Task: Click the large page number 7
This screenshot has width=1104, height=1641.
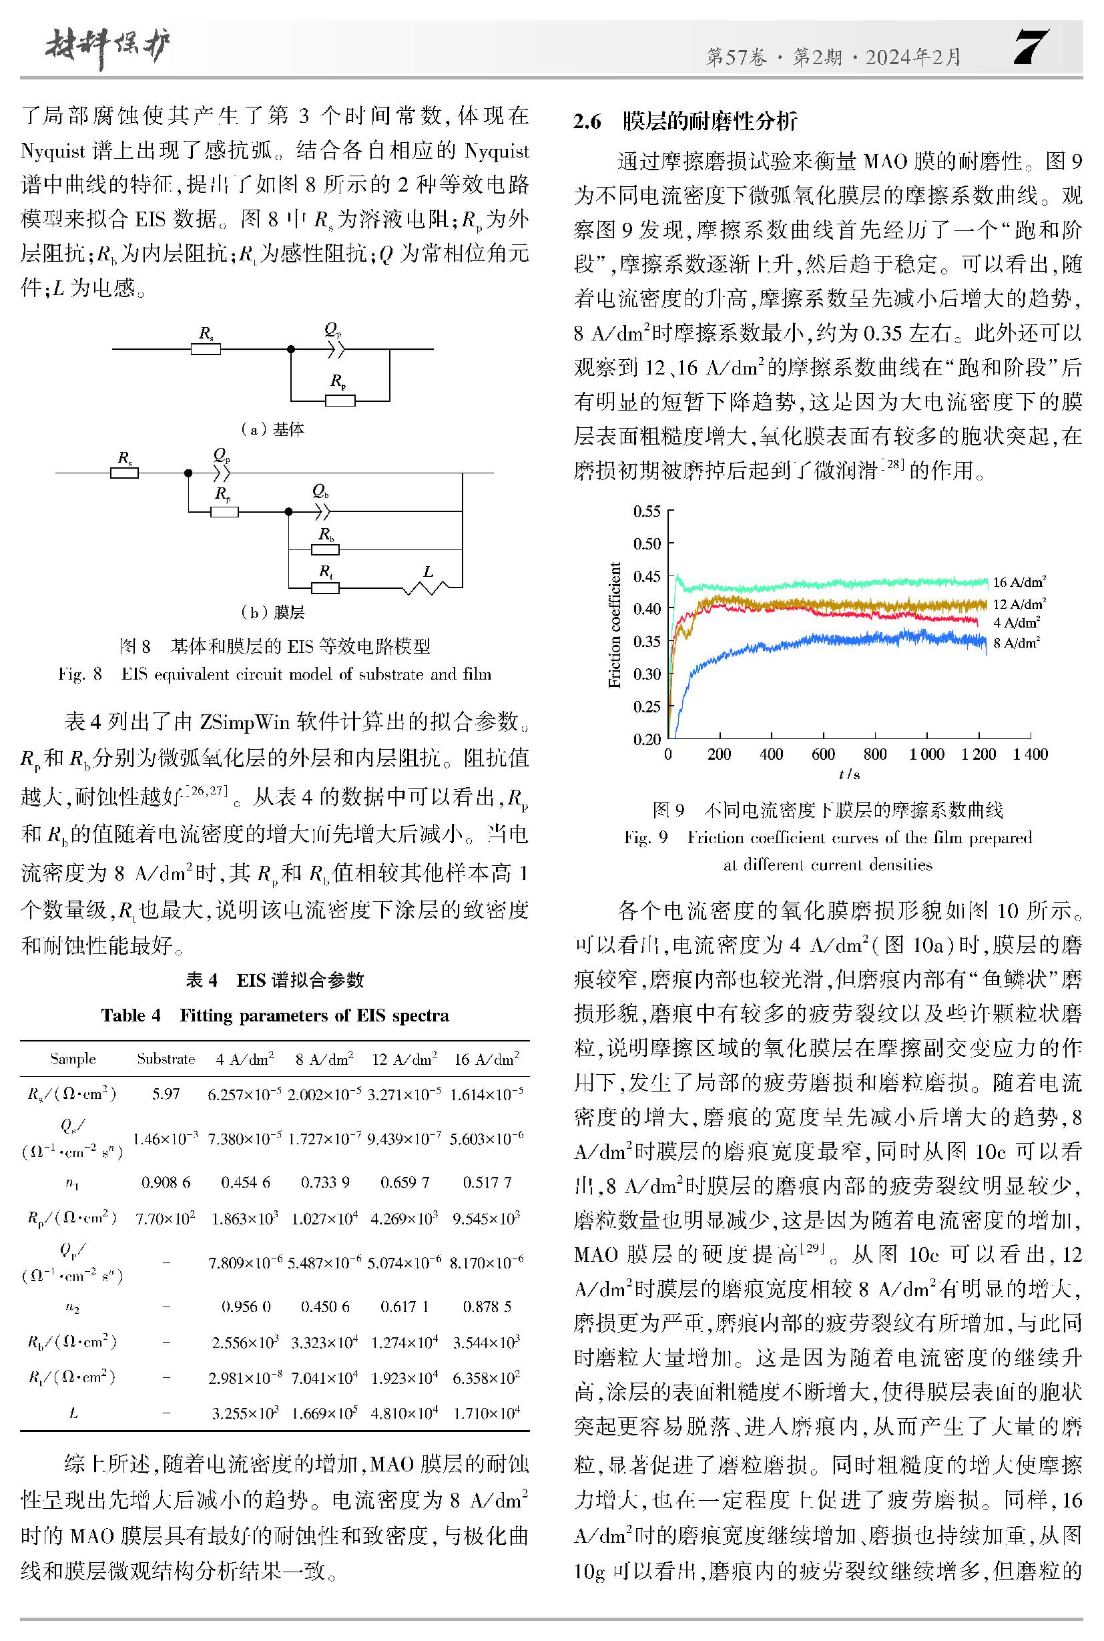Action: pyautogui.click(x=1031, y=47)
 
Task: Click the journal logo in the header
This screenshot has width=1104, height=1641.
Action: pyautogui.click(x=106, y=49)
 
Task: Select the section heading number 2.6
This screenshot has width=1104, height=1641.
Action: pyautogui.click(x=587, y=122)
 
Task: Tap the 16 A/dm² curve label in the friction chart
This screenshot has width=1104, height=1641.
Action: pyautogui.click(x=1018, y=581)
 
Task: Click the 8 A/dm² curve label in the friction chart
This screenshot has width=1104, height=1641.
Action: pyautogui.click(x=1015, y=643)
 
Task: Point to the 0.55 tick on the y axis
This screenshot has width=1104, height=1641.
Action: pyautogui.click(x=647, y=511)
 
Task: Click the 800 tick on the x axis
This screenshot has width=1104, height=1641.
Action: pyautogui.click(x=874, y=754)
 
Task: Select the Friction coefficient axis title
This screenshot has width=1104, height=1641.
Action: pyautogui.click(x=615, y=625)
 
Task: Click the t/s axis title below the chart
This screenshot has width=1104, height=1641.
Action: pyautogui.click(x=849, y=774)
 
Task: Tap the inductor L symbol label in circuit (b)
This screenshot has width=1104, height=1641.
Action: pyautogui.click(x=428, y=572)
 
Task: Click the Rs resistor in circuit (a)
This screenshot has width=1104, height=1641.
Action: pyautogui.click(x=206, y=348)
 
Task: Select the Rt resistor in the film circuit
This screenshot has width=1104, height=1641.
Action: pyautogui.click(x=325, y=587)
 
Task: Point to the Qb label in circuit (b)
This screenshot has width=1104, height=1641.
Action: pyautogui.click(x=320, y=491)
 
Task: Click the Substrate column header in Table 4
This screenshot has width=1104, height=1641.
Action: pyautogui.click(x=166, y=1059)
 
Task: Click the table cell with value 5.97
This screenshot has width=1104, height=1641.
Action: pyautogui.click(x=166, y=1094)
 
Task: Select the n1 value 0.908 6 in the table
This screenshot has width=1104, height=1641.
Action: pyautogui.click(x=166, y=1182)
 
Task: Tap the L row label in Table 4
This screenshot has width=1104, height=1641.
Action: pyautogui.click(x=73, y=1412)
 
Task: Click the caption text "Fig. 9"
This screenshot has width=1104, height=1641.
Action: pyautogui.click(x=645, y=837)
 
